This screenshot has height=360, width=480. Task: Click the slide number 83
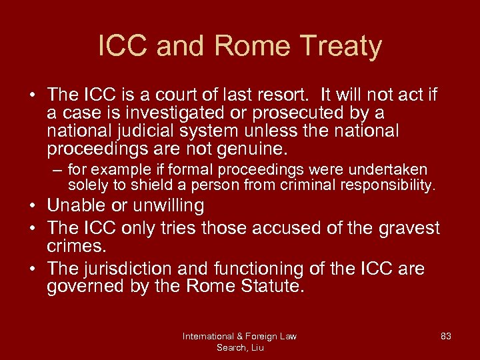[x=446, y=336]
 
